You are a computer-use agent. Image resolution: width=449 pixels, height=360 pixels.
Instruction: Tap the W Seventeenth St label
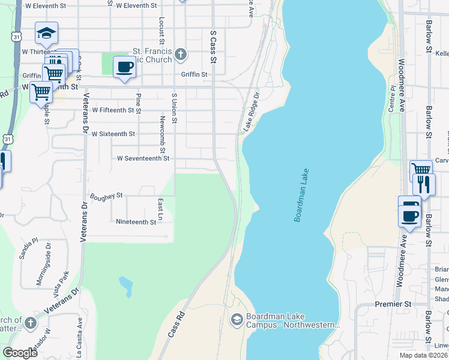tap(143, 158)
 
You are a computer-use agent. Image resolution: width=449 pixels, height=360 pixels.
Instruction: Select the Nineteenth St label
tap(136, 221)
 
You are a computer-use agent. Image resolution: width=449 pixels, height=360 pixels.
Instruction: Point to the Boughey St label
tap(106, 196)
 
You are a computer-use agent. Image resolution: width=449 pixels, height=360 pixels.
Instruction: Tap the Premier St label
tap(393, 304)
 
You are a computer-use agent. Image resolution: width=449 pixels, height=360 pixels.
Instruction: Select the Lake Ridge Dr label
tap(250, 112)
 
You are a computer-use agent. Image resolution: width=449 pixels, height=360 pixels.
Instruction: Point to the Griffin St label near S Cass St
tap(194, 75)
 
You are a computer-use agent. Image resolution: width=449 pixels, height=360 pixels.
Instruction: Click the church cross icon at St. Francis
tap(179, 56)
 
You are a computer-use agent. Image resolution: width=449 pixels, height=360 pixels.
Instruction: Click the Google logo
tap(20, 353)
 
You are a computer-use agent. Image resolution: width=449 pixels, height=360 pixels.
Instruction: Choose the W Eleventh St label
tap(136, 5)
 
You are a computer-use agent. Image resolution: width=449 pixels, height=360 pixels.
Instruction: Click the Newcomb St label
tap(162, 127)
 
